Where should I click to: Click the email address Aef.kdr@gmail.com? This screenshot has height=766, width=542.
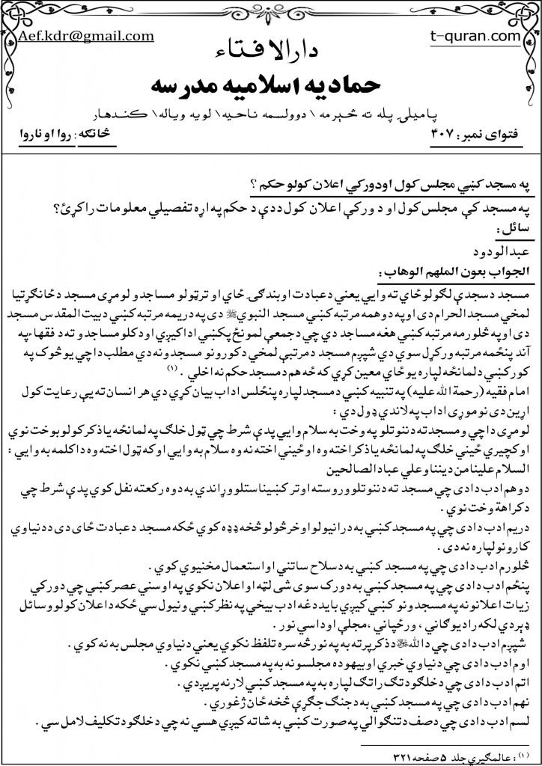pyautogui.click(x=87, y=36)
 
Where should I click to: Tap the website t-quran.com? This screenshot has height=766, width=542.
pyautogui.click(x=472, y=35)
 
